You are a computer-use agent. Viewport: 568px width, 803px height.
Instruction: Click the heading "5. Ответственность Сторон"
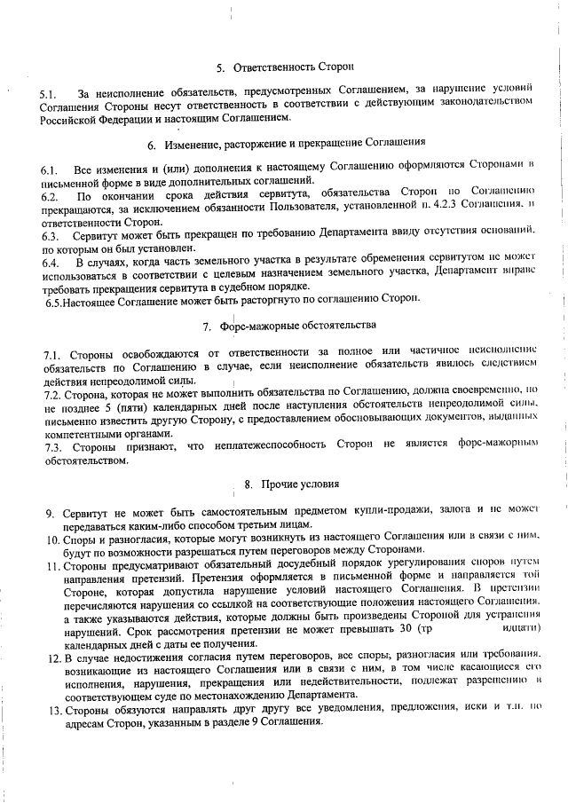click(285, 67)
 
